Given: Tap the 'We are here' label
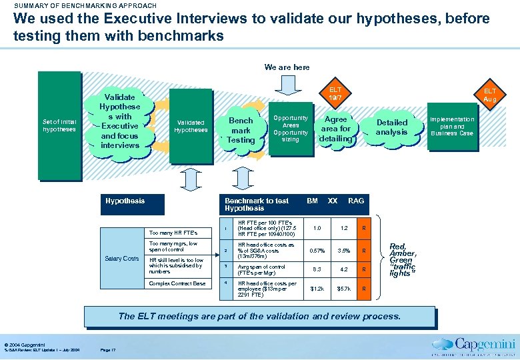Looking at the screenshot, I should click(287, 67).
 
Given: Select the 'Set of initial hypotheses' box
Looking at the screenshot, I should click(60, 126).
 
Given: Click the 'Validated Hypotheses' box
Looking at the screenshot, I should click(191, 127).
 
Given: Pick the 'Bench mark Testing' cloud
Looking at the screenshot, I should click(241, 131).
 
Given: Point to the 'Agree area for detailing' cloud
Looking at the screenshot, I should click(335, 129).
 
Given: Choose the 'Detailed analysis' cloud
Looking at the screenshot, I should click(391, 127).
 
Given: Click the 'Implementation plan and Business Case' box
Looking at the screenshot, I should click(452, 127).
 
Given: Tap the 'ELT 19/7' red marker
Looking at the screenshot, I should click(335, 94).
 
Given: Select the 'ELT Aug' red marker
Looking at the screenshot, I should click(490, 95).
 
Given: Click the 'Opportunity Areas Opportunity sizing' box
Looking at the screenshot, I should click(291, 129).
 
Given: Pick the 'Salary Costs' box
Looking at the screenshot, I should click(122, 259).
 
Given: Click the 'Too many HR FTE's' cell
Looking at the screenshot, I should click(173, 233).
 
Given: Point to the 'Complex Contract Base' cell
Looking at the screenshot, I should click(177, 283).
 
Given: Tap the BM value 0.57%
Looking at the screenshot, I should click(317, 251).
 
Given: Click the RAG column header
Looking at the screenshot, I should click(357, 201).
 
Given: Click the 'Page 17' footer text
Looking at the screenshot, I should click(107, 349).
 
